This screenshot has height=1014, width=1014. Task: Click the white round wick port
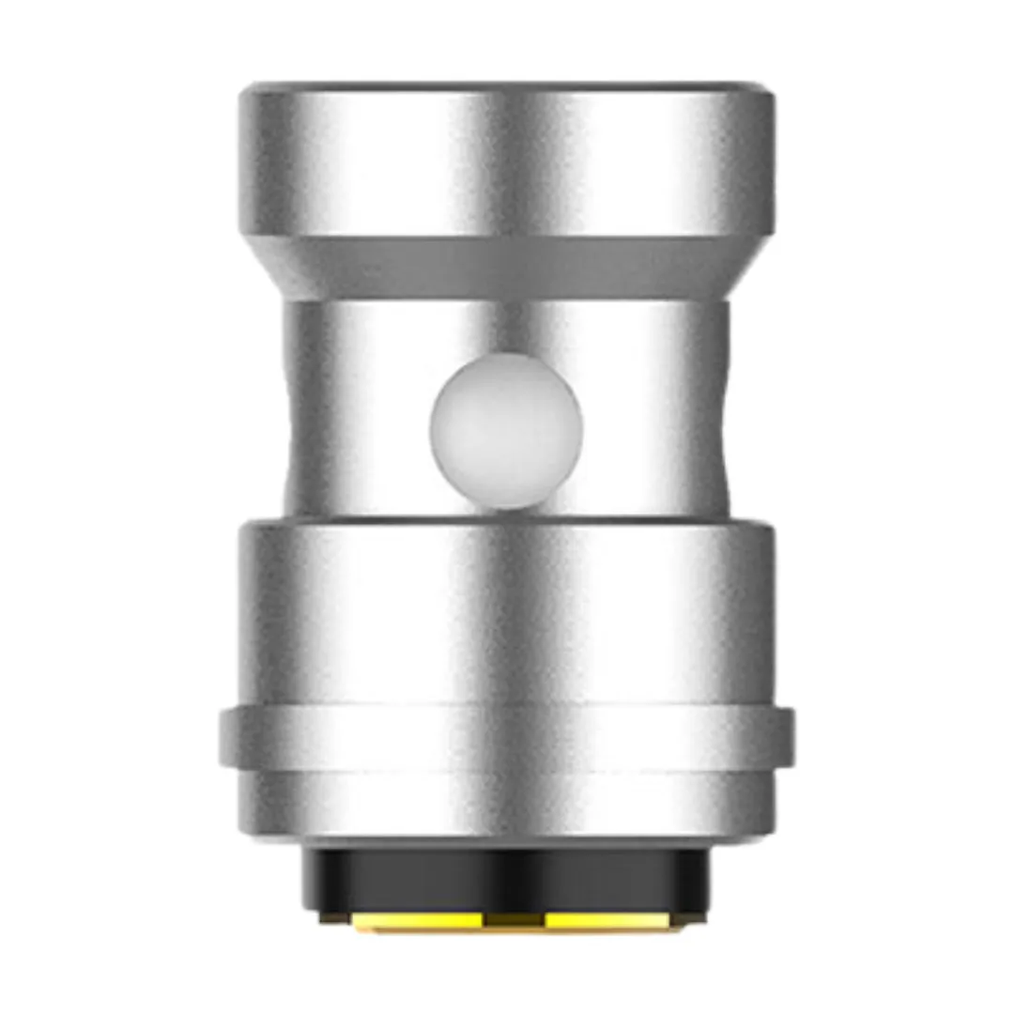pos(506,433)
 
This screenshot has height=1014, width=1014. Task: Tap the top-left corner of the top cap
pos(246,92)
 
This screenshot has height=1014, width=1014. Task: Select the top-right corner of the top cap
pos(768,92)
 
